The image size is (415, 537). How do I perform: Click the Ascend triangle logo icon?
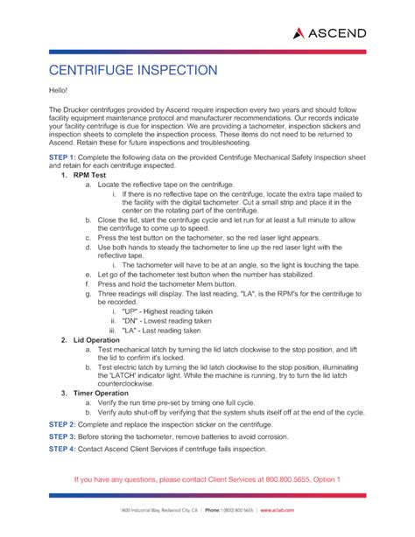tap(299, 32)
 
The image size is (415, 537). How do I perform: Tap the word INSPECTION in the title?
tap(195, 68)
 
